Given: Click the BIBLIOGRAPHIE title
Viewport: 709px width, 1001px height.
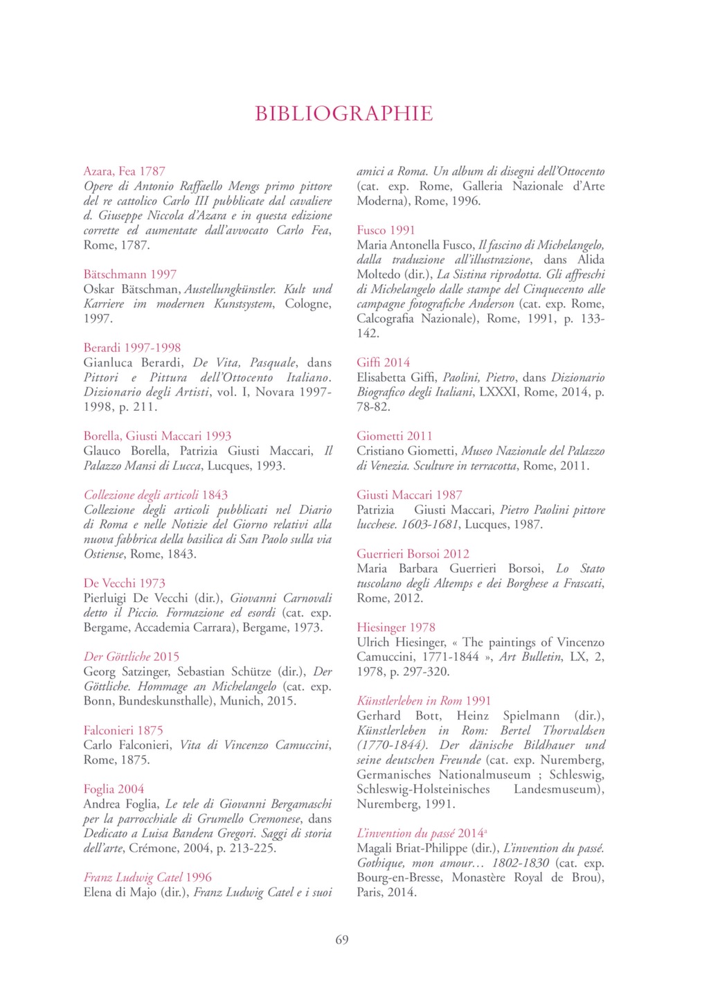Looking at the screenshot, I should tap(343, 114).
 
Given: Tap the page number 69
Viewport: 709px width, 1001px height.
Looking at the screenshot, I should tap(342, 940).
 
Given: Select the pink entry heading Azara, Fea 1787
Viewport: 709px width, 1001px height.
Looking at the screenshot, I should tap(125, 171).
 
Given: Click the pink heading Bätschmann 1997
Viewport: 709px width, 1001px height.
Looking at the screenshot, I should tap(130, 274).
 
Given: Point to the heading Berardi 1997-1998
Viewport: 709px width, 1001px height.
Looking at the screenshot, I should tap(132, 348).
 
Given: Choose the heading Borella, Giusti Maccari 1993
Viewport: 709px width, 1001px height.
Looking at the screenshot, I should tap(157, 436).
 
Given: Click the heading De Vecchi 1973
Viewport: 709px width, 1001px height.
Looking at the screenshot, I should tap(125, 583).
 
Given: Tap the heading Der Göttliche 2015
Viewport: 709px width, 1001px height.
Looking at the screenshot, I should tap(132, 657).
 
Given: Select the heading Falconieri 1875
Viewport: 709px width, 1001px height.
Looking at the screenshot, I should tap(123, 730).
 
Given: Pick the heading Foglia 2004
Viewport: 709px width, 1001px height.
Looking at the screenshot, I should tap(114, 789).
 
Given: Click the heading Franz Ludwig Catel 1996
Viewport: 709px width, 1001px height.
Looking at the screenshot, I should tap(147, 877).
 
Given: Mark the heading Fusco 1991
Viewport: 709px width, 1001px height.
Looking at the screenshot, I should tap(386, 230).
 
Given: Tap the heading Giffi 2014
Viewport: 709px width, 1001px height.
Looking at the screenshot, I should tap(383, 362).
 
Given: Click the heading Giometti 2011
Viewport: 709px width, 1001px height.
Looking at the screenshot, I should tap(394, 436).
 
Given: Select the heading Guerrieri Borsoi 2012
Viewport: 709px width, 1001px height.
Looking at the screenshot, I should tap(413, 553).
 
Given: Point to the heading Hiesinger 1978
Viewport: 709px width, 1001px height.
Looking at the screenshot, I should tap(396, 628).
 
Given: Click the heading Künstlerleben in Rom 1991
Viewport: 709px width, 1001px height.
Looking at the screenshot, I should tap(424, 701).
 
